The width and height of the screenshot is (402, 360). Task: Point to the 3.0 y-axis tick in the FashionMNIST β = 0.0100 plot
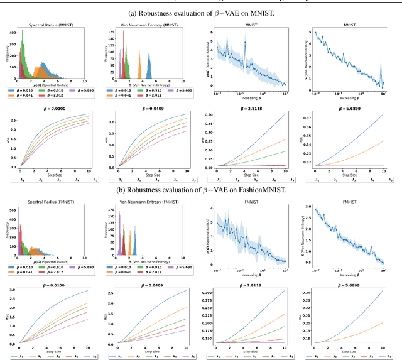click(13, 291)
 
